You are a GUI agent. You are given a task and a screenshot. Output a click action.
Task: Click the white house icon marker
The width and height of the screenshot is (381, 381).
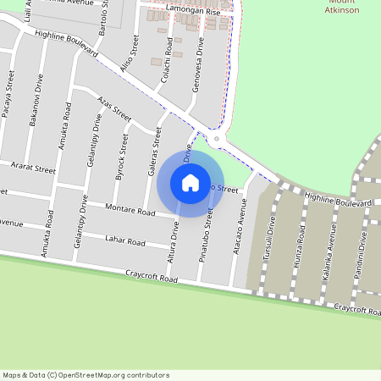point(190,183)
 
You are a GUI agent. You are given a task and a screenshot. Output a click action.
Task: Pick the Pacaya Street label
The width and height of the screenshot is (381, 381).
point(9,98)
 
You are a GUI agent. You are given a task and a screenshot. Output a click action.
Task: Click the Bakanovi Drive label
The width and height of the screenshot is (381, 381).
point(36,104)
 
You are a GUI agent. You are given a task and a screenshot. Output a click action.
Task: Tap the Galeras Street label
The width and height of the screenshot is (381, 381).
point(155,151)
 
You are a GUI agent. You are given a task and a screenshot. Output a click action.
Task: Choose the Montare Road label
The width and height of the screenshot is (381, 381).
point(130,208)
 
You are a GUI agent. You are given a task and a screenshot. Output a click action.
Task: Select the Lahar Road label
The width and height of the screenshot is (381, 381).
point(124,241)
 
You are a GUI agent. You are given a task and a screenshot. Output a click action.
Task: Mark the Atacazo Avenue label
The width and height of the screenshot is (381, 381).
point(240,234)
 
